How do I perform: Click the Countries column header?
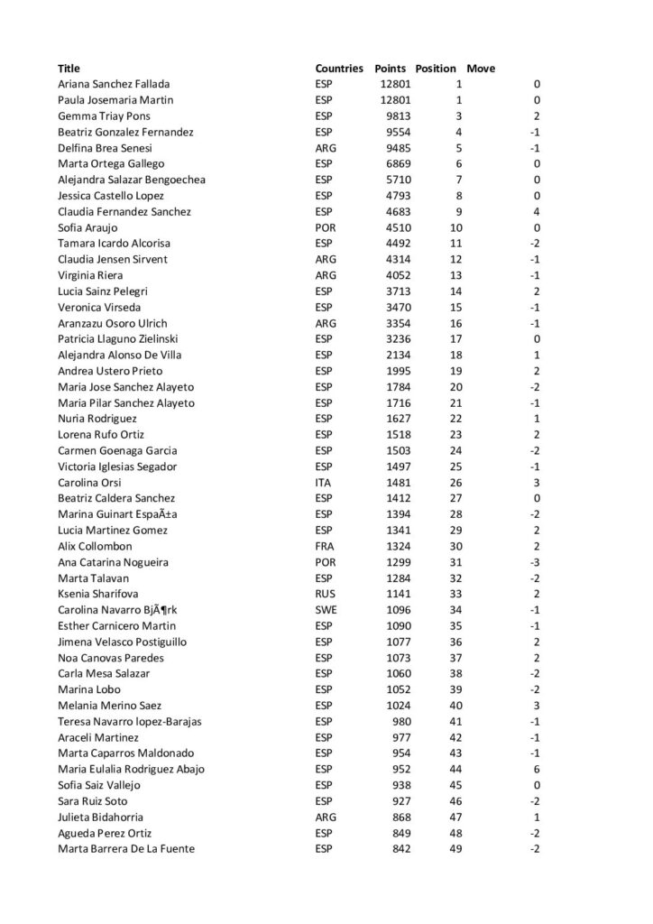tap(339, 69)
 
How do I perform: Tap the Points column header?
tap(391, 69)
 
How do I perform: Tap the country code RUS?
tap(325, 595)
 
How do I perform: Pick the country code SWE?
tap(326, 610)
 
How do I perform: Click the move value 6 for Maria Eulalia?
tap(537, 770)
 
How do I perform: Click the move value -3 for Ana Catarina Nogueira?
tap(535, 562)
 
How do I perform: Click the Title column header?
tap(69, 69)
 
